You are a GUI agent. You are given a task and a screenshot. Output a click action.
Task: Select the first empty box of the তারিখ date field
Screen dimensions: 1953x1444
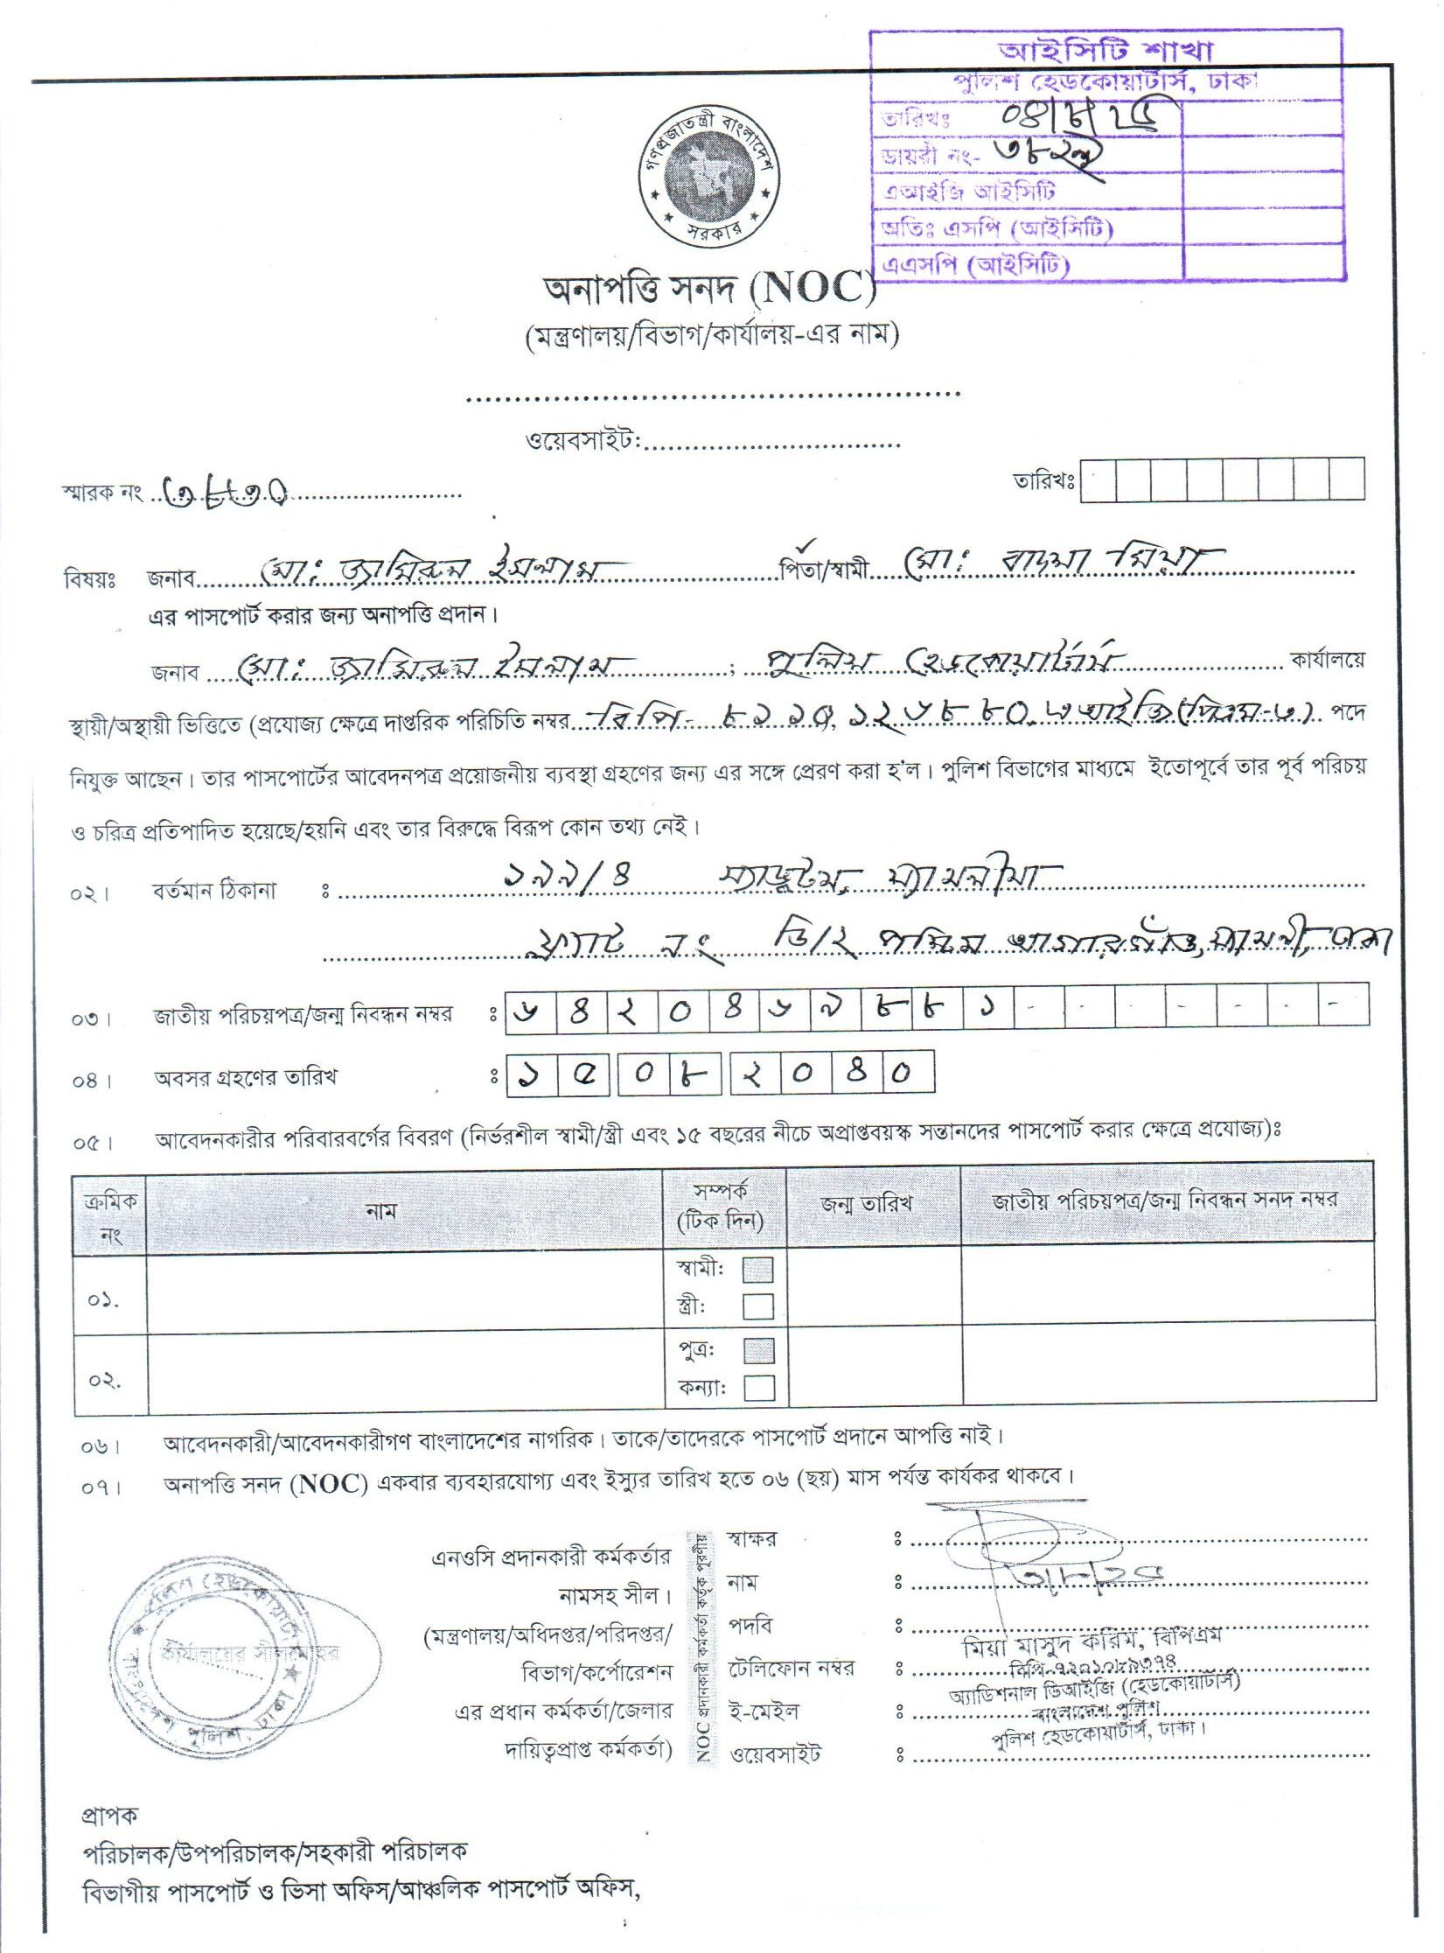click(x=1099, y=480)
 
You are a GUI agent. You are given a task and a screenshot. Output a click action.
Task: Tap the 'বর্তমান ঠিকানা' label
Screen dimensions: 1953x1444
click(x=213, y=892)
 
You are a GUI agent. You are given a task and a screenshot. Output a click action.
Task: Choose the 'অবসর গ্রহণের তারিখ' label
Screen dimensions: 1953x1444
click(x=246, y=1078)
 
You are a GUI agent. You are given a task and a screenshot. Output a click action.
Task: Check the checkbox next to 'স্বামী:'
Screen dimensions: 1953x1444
click(x=757, y=1270)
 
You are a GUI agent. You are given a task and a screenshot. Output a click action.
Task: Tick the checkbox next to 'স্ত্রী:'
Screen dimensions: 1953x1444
click(x=757, y=1306)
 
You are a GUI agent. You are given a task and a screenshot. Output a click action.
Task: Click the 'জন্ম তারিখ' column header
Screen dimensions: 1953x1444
click(x=867, y=1204)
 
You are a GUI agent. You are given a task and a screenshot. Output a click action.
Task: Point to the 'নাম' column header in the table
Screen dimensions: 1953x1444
click(x=381, y=1211)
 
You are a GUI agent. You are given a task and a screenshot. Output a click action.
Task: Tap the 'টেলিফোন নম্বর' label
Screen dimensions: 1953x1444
click(x=791, y=1668)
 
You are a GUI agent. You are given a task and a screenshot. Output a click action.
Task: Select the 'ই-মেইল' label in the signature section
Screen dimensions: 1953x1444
click(x=764, y=1711)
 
